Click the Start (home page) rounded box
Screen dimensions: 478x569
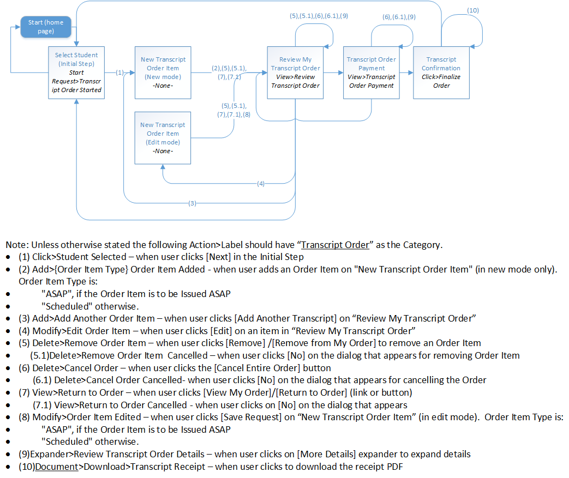tap(46, 27)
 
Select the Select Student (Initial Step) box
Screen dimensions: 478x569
tap(76, 72)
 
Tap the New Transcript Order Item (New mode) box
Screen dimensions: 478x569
tap(163, 72)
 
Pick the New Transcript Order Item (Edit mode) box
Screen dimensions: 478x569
tap(163, 138)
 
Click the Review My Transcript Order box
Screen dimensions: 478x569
tap(295, 72)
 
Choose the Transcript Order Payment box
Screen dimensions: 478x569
tap(372, 72)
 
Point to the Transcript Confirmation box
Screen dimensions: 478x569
tap(441, 72)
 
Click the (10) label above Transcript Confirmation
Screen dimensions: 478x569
tap(473, 10)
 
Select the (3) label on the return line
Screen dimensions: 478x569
tap(191, 203)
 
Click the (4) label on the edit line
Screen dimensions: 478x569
tap(261, 184)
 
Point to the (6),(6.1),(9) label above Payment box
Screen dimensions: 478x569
tap(399, 17)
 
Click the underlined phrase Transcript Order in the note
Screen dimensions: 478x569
tap(335, 245)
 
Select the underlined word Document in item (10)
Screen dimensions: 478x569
tap(56, 467)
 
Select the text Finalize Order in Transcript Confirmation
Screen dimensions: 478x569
tap(442, 81)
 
